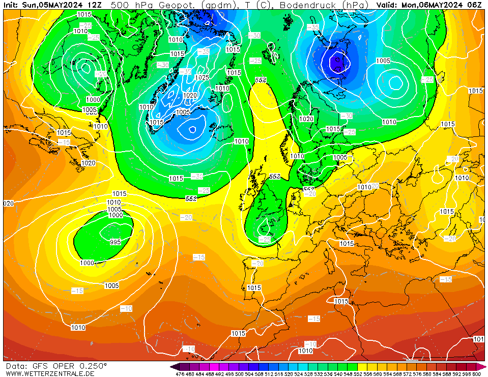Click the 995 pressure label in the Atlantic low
click(x=116, y=242)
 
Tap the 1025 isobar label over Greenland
click(x=202, y=77)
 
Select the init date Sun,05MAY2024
click(x=53, y=5)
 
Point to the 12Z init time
click(x=94, y=5)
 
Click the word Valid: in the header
click(x=388, y=5)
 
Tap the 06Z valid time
click(x=474, y=5)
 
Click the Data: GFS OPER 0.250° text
click(x=56, y=366)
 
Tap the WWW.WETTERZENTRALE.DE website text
click(x=50, y=374)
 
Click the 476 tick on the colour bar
click(x=180, y=374)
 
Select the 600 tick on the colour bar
click(x=476, y=374)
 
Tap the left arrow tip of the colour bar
click(x=173, y=366)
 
